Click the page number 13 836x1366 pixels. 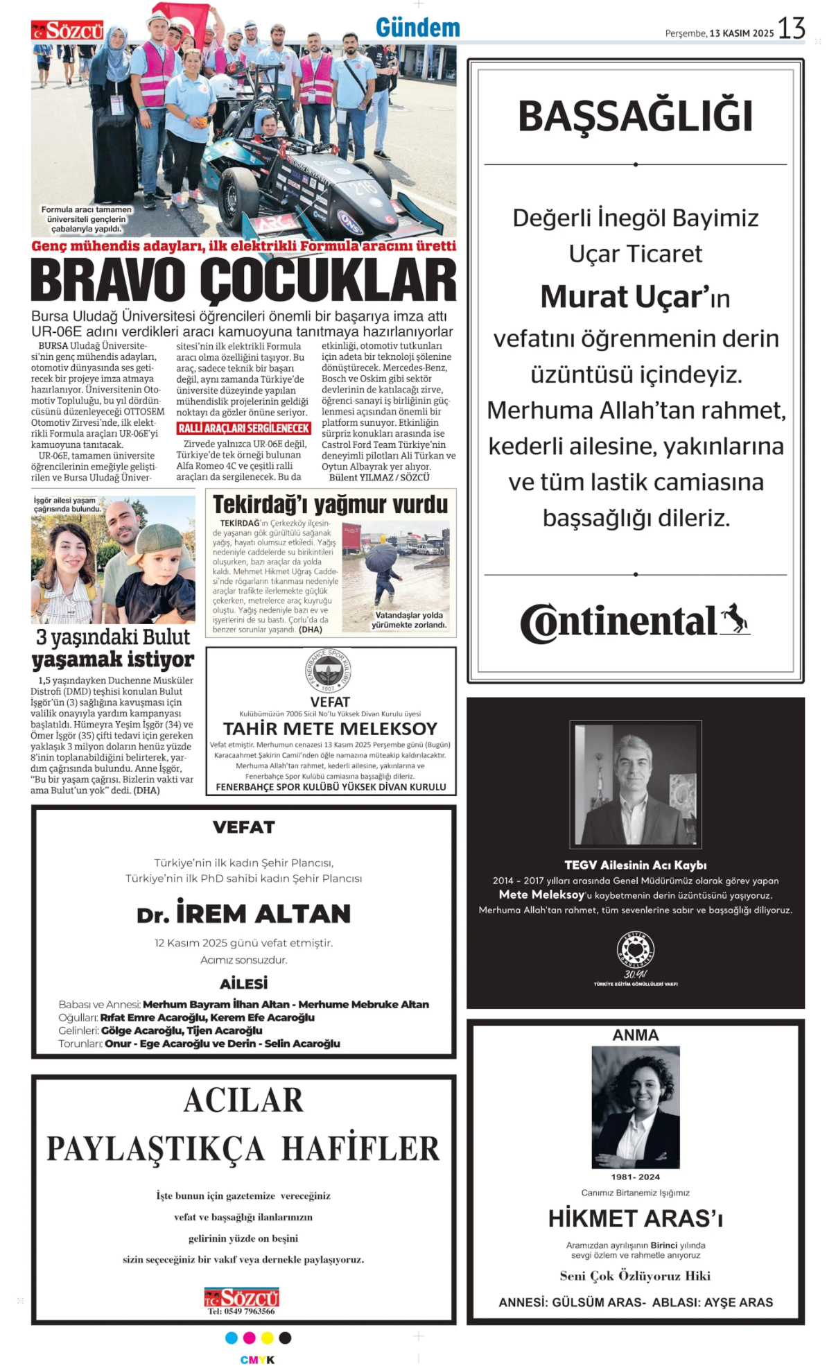791,29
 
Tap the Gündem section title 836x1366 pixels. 417,28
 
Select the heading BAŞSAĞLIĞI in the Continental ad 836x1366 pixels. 635,116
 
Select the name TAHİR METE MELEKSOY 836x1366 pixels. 330,729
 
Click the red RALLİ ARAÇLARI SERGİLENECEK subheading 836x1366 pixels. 243,429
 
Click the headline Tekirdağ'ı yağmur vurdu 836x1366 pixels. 330,505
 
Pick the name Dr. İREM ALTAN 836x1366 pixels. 243,914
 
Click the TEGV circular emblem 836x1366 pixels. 635,950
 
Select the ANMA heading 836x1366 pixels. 635,1035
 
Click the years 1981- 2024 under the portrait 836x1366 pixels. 635,1177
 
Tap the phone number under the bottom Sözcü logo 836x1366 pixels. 241,1311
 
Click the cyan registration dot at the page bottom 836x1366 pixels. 232,1338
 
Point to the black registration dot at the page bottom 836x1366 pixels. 285,1338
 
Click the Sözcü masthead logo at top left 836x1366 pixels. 67,31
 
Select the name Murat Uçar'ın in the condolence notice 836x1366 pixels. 635,297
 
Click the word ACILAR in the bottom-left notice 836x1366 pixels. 243,1100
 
